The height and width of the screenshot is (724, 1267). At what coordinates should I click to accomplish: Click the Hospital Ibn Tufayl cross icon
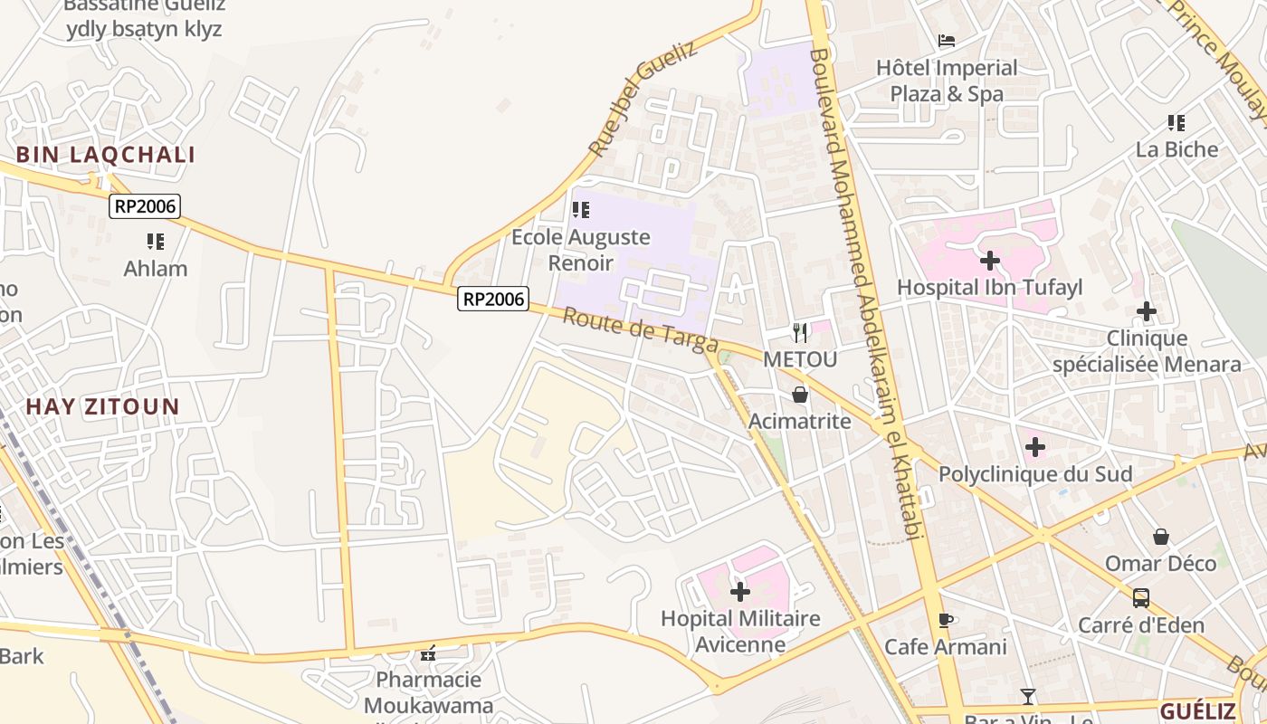(990, 261)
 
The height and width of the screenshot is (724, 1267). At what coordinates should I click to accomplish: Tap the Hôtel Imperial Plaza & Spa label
(947, 81)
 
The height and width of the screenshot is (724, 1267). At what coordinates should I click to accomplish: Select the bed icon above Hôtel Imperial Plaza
(947, 41)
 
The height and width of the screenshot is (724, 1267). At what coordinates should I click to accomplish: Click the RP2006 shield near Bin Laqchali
(145, 206)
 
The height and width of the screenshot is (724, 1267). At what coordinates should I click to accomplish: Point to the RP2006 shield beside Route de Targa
(493, 299)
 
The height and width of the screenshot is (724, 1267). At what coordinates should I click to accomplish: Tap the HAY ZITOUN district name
(103, 406)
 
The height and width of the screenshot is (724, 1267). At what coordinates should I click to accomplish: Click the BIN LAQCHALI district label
(106, 154)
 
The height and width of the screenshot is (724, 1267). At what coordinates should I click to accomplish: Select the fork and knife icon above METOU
(800, 332)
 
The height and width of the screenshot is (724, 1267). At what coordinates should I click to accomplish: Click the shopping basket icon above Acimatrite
(800, 395)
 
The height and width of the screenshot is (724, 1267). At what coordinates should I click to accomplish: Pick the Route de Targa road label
(641, 331)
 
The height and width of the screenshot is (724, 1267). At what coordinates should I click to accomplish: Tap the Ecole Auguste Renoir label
(581, 250)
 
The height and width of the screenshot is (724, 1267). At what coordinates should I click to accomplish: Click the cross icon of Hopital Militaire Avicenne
(740, 592)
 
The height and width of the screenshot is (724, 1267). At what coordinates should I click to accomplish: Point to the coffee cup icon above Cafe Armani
(946, 620)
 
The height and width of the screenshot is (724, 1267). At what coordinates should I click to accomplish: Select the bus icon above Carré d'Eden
(1141, 598)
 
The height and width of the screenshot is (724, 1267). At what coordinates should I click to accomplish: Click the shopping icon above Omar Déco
(1161, 537)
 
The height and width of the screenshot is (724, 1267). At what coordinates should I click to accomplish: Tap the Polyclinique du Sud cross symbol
(1035, 447)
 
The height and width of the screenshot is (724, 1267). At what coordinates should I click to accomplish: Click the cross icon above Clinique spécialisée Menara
(1147, 311)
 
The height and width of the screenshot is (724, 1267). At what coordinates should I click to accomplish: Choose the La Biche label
(1176, 149)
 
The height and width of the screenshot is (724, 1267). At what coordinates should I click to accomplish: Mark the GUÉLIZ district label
(1197, 710)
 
